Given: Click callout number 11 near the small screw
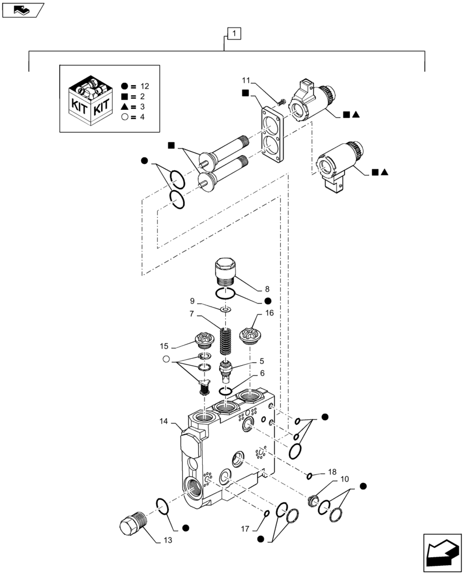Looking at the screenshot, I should click(x=246, y=80).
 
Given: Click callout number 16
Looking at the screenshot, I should click(x=269, y=313).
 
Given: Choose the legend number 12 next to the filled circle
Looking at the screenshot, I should click(x=144, y=86).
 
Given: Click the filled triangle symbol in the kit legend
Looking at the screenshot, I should click(x=125, y=107).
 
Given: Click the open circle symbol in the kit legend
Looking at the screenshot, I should click(x=125, y=117).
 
